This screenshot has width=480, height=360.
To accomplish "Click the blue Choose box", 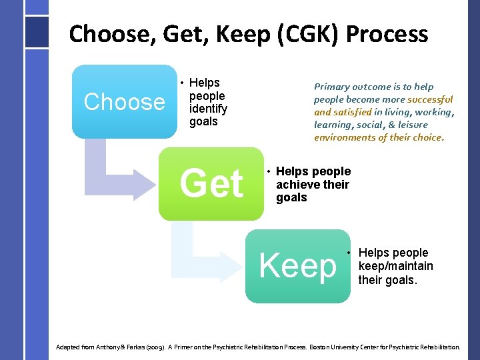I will point(124,101).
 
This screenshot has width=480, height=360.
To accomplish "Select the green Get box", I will point(211,184).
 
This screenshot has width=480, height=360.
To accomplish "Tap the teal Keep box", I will point(298,266).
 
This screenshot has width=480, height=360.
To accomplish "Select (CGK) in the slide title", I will point(299,33).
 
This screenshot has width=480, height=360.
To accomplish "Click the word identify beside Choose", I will point(209,109).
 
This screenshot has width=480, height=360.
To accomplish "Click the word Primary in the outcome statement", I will point(331,87).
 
